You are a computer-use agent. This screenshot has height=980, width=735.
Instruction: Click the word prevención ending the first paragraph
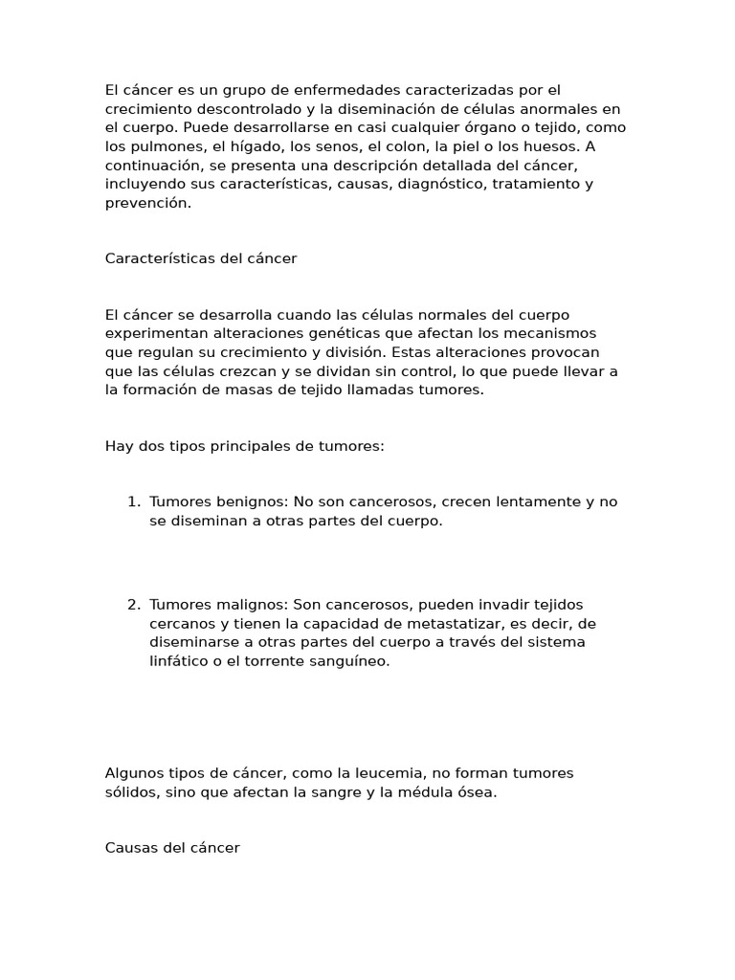[148, 202]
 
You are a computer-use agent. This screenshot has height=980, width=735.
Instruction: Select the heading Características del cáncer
[201, 258]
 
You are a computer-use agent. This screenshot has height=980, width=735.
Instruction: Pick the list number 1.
[133, 502]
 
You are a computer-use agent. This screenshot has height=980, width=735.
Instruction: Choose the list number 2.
[133, 605]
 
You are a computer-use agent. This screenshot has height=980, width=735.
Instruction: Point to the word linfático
[179, 660]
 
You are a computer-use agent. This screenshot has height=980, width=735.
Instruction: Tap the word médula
[418, 791]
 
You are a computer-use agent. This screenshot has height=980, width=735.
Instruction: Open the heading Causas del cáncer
[172, 848]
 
